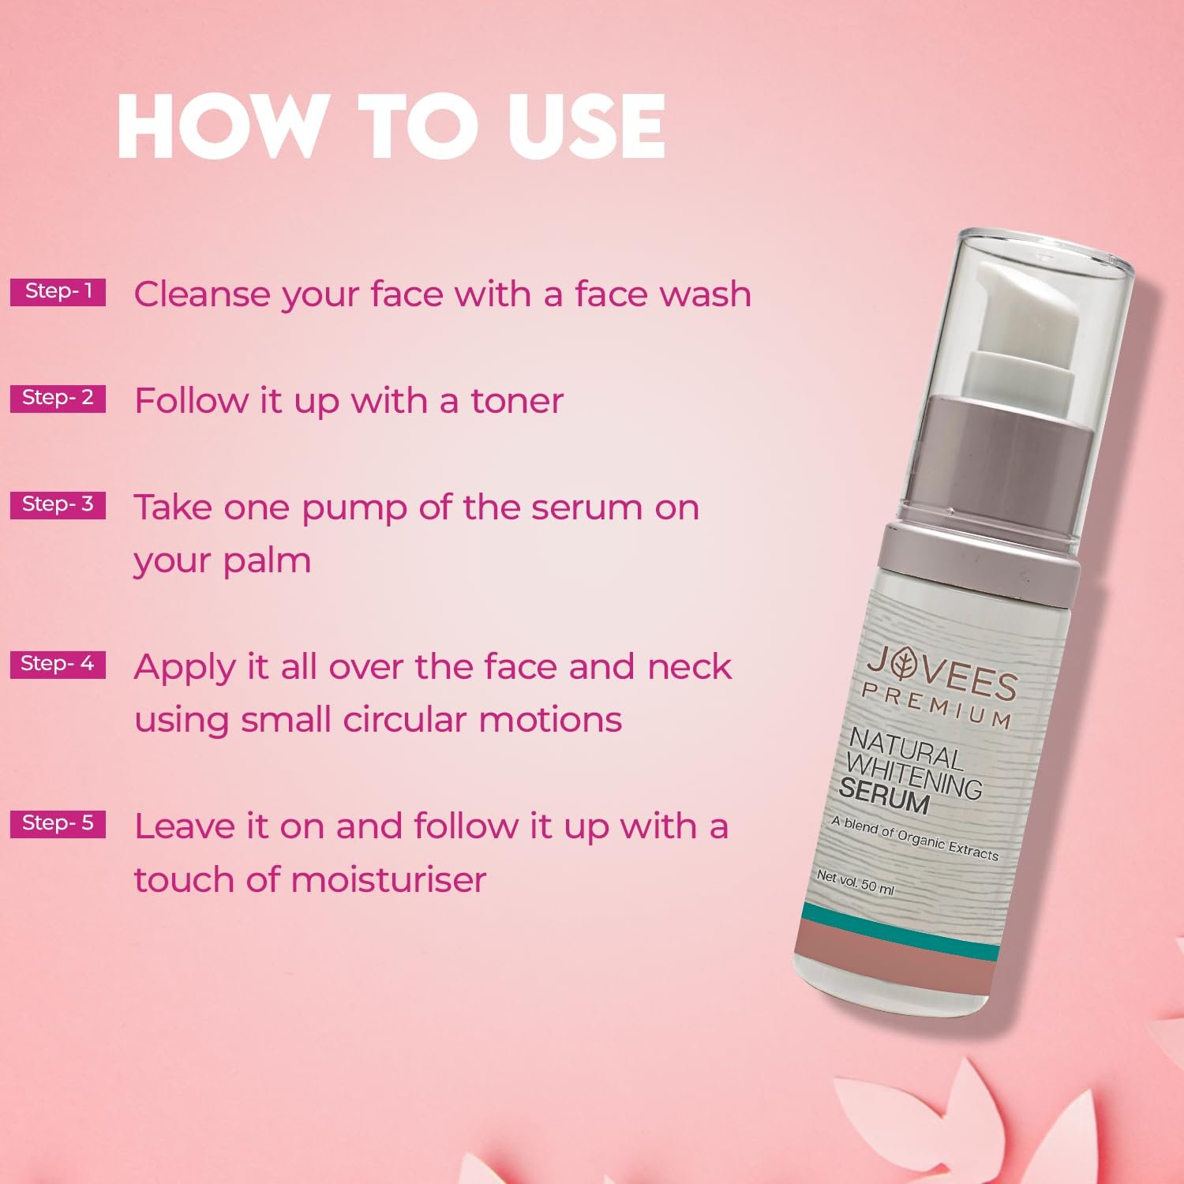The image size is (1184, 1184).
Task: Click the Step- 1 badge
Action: pos(58,291)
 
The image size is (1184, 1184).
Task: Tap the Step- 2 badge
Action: pos(58,398)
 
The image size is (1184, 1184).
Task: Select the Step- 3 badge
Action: pos(58,504)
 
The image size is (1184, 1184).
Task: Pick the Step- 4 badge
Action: pos(58,664)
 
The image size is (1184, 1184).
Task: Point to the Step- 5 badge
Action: pos(58,823)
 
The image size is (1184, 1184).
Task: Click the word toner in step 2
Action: pos(517,401)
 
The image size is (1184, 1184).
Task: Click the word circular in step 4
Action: pos(404,720)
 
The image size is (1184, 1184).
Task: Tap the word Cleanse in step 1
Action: pos(202,294)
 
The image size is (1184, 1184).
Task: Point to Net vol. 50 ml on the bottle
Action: pos(855,882)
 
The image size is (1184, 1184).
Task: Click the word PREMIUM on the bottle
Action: pos(935,705)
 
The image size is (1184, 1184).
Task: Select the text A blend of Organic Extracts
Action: pos(914,838)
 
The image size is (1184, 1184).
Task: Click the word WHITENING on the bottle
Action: pos(913,774)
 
